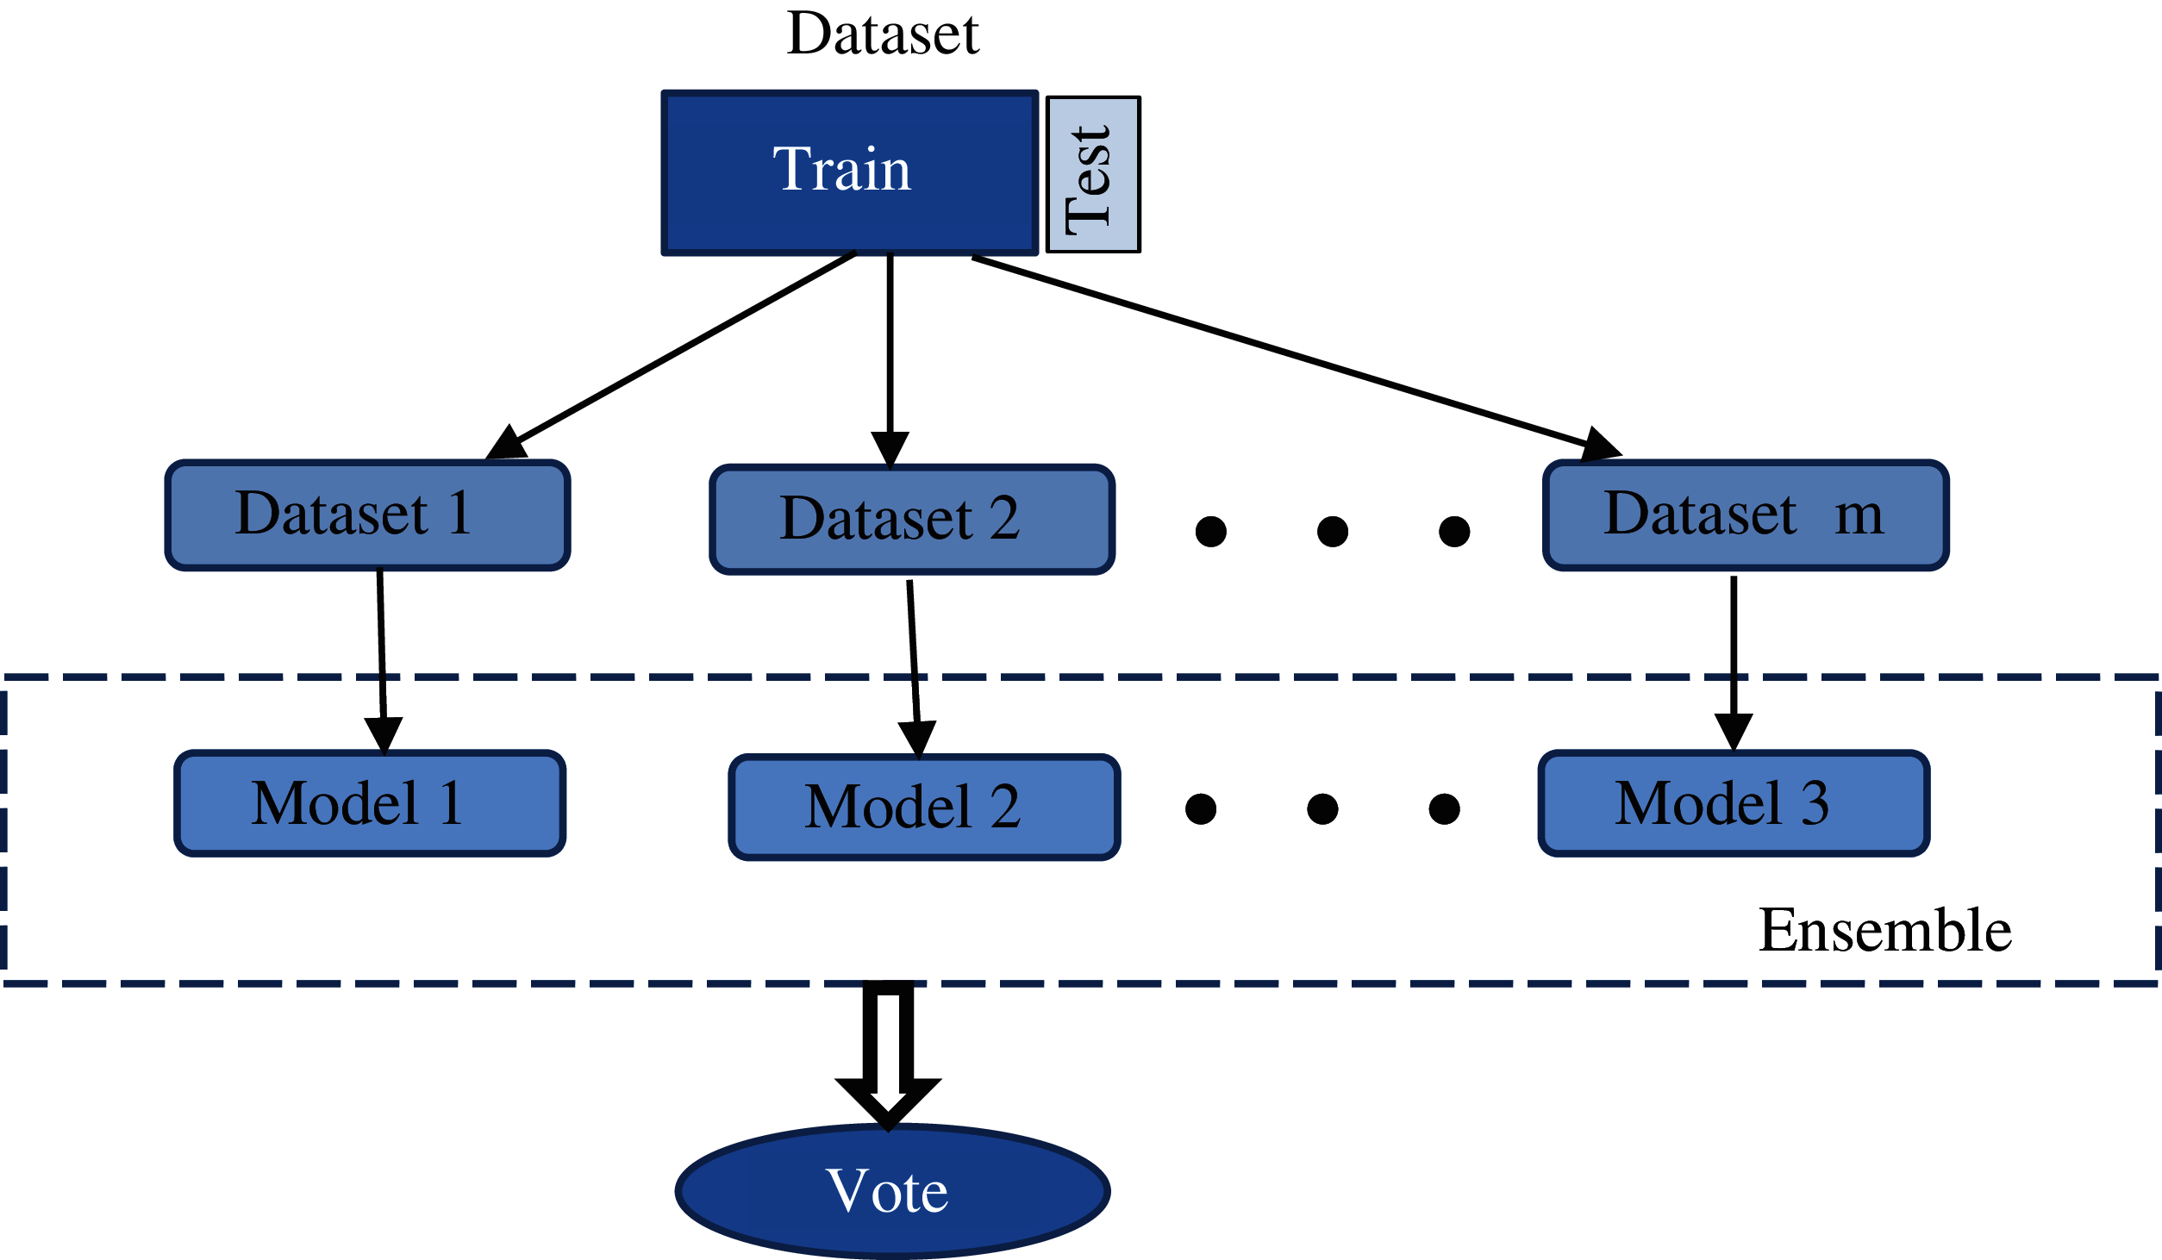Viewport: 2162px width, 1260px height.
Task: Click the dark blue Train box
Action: [849, 172]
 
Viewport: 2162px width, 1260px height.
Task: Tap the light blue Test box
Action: [1092, 174]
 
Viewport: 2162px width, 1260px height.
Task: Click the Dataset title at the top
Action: [883, 34]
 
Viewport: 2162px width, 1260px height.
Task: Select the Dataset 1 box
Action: [367, 515]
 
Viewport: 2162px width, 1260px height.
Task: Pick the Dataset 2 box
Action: [912, 519]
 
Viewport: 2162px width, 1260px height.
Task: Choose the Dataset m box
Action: [1746, 515]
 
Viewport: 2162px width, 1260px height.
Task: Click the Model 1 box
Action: [370, 803]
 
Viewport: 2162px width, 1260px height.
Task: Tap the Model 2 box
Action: [924, 808]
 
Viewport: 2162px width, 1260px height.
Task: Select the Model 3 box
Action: [1734, 803]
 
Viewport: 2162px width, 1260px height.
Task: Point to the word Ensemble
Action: [1884, 931]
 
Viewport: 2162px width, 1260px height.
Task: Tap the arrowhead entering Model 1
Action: [384, 734]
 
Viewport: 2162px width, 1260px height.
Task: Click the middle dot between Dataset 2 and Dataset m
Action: [1333, 532]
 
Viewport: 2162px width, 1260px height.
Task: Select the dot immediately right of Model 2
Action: [1201, 808]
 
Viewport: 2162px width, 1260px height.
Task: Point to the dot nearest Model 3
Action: [1444, 808]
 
